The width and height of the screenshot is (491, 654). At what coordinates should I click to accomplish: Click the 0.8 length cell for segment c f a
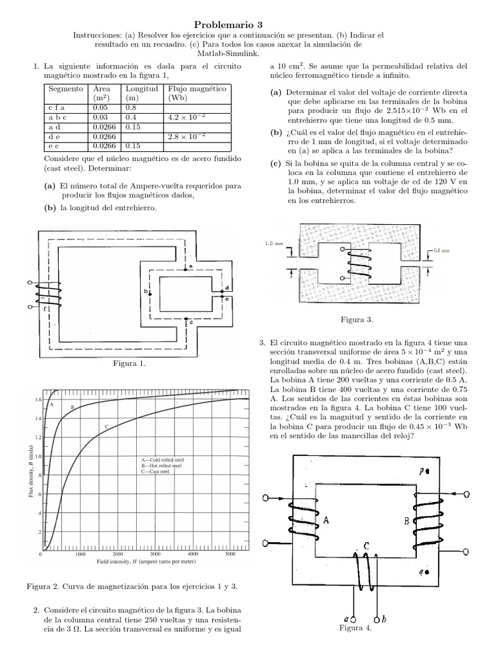[131, 108]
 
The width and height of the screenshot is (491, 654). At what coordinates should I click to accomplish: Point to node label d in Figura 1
[227, 287]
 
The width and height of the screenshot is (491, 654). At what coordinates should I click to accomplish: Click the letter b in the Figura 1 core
[146, 292]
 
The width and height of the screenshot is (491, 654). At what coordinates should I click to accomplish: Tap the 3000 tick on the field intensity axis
[154, 554]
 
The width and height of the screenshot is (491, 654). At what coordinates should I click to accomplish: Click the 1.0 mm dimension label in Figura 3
[273, 243]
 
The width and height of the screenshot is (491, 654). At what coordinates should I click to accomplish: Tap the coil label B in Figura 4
[407, 521]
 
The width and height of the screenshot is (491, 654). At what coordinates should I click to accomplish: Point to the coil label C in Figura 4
[366, 546]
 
